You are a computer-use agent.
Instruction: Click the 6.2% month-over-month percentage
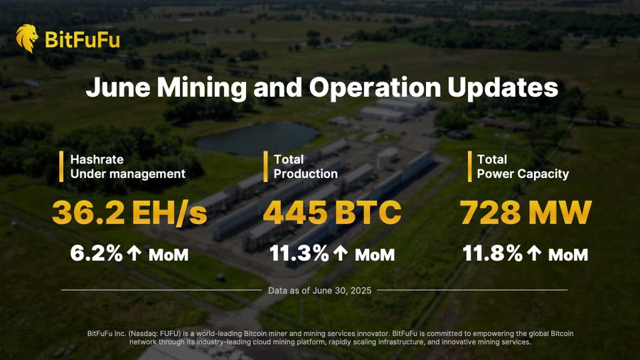click(97, 253)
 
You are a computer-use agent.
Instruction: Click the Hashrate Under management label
click(127, 166)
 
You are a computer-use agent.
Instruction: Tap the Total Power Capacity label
click(523, 166)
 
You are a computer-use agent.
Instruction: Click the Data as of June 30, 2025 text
click(319, 290)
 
